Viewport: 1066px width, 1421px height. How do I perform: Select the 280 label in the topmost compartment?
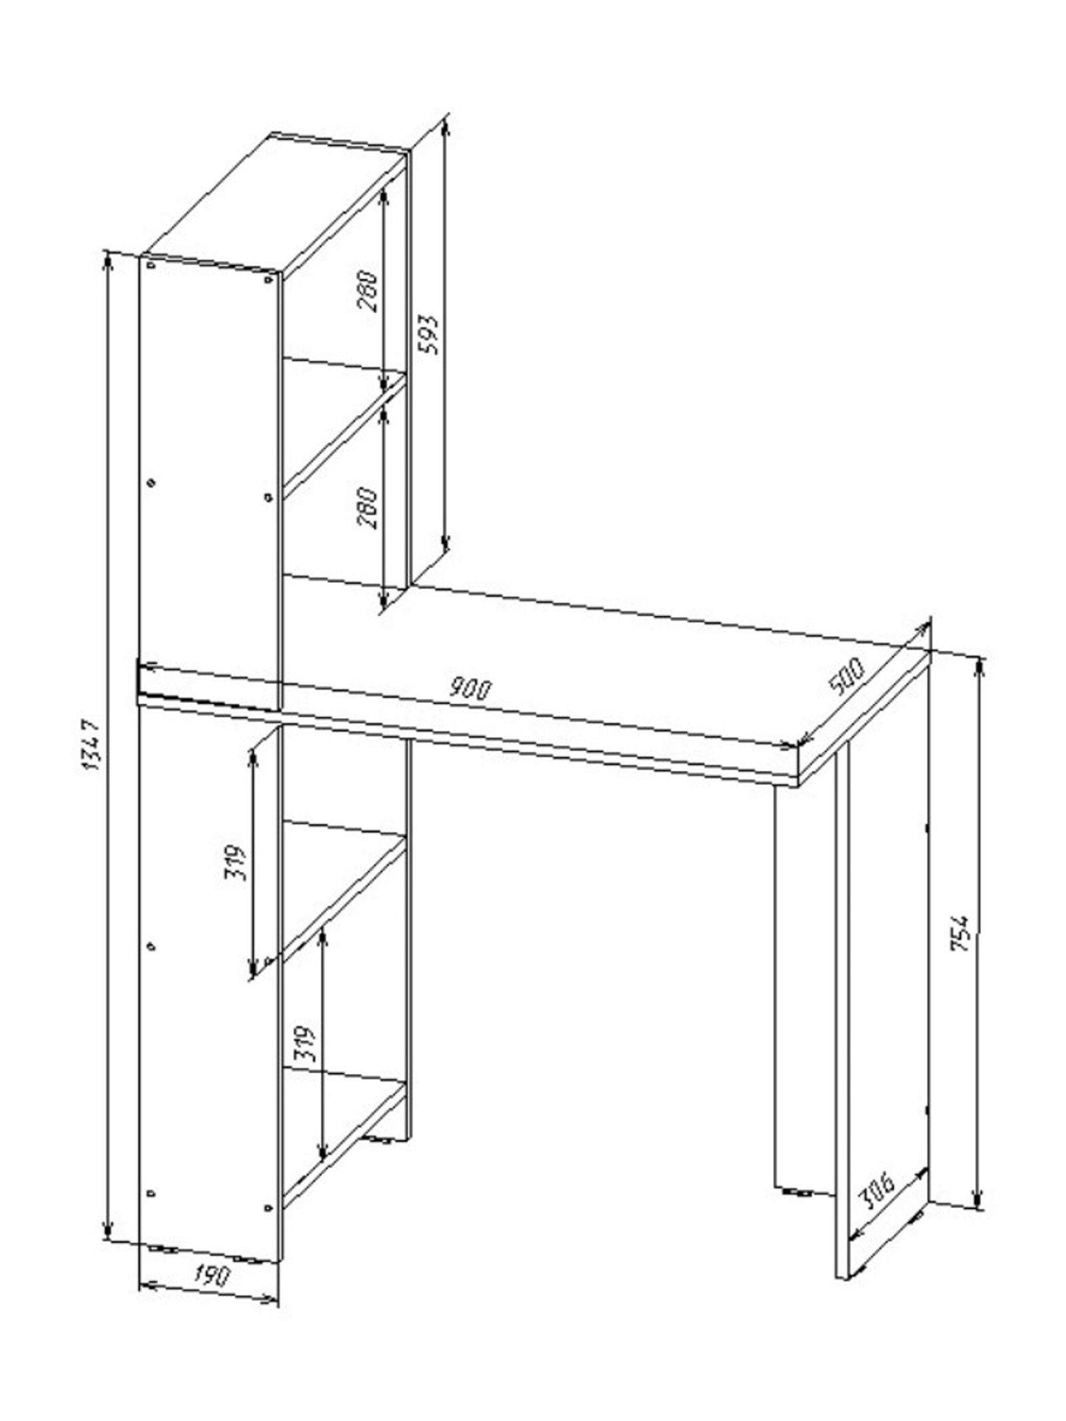coord(368,291)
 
